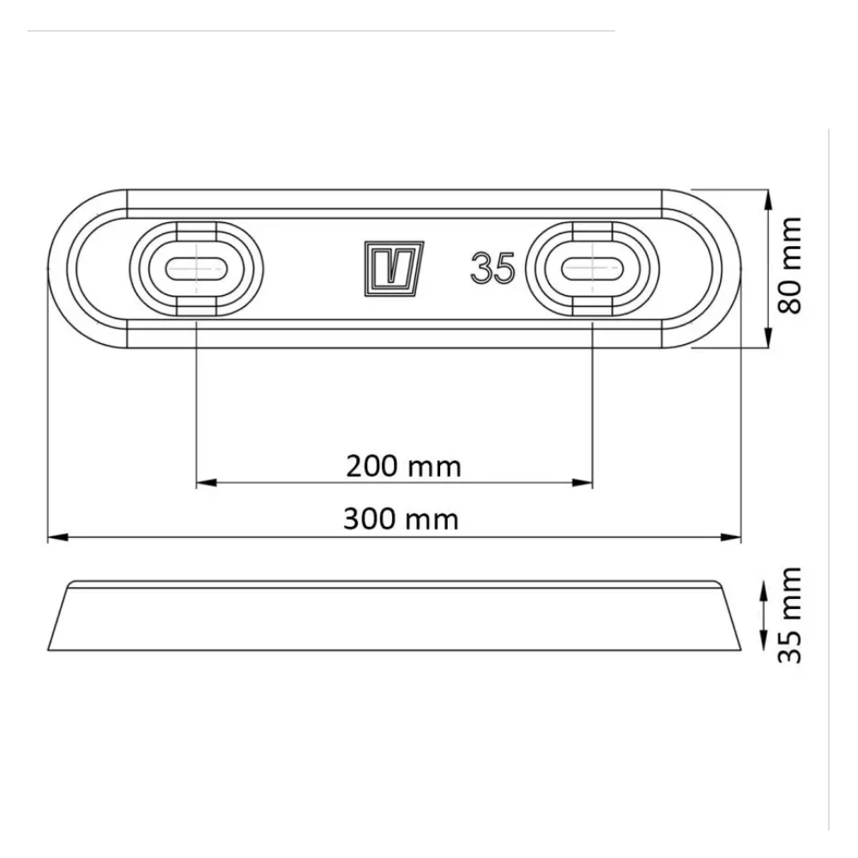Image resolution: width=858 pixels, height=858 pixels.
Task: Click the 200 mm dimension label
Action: click(x=403, y=467)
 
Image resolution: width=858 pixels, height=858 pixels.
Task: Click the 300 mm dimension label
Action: click(x=401, y=519)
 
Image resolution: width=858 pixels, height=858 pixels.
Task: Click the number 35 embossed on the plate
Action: click(x=492, y=269)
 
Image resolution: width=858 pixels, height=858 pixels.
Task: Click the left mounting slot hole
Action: click(x=196, y=269)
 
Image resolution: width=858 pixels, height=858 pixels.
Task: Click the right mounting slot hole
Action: click(x=593, y=269)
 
